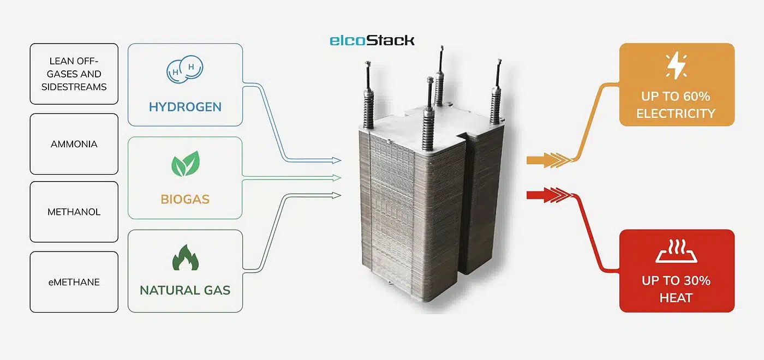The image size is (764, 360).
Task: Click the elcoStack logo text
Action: [x=372, y=40]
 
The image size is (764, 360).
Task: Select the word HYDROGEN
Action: [x=185, y=106]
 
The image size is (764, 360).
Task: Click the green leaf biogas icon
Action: [x=185, y=164]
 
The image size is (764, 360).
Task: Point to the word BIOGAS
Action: [x=185, y=199]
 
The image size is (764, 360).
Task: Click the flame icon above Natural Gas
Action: [x=185, y=256]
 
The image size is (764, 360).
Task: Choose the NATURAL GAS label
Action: [x=185, y=290]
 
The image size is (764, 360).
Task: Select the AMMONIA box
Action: [x=74, y=144]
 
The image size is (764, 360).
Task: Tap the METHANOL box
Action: [x=74, y=212]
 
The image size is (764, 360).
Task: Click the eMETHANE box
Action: [x=74, y=282]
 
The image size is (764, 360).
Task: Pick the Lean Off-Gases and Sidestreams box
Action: [x=74, y=74]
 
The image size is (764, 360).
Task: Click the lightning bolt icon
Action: [x=676, y=66]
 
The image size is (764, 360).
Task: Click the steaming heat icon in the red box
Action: [x=676, y=251]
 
